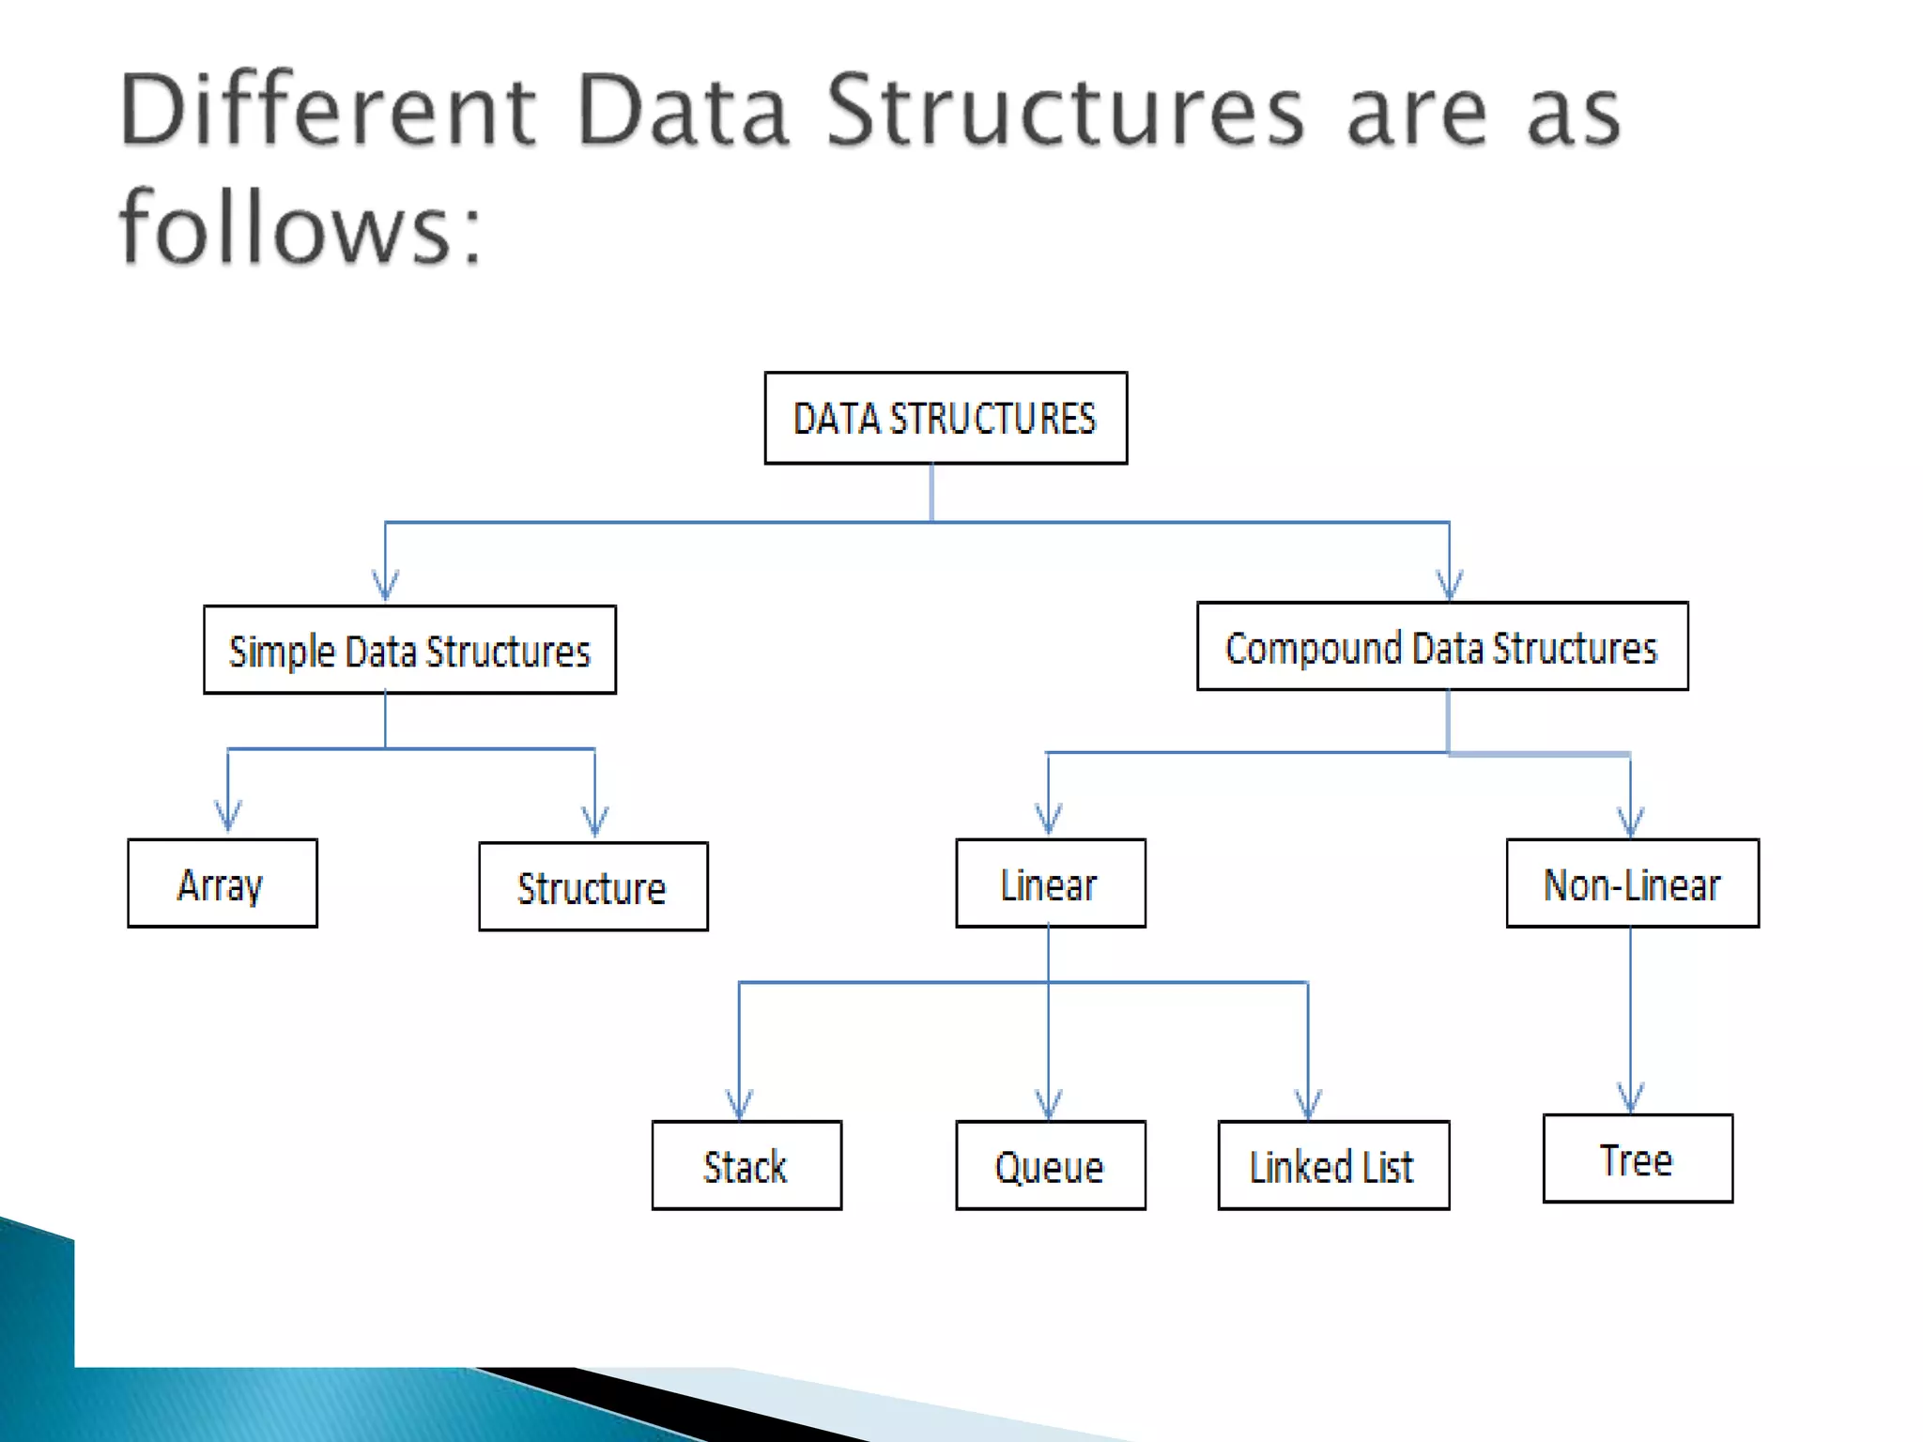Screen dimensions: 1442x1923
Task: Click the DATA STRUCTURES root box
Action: [x=946, y=418]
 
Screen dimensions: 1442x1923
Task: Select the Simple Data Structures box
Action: [x=409, y=650]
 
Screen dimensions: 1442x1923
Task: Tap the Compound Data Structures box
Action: [x=1442, y=647]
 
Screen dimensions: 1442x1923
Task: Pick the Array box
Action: [x=223, y=883]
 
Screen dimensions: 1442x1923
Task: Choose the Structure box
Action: [x=593, y=886]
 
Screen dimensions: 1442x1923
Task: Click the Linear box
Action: [x=1051, y=883]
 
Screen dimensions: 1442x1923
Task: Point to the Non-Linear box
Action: [x=1632, y=883]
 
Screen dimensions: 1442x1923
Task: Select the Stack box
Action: [x=746, y=1165]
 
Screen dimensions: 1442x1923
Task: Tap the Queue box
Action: [x=1051, y=1165]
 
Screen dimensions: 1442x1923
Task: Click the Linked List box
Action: [x=1333, y=1165]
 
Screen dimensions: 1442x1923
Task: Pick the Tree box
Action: [x=1638, y=1158]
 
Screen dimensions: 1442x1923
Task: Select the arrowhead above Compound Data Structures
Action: [x=1449, y=587]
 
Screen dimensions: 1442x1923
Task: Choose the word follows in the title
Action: [x=287, y=228]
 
